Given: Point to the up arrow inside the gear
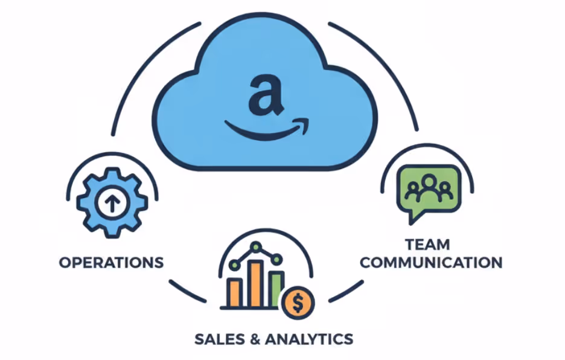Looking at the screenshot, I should pos(112,204).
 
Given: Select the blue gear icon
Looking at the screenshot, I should pos(112,204).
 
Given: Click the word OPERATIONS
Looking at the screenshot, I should pos(112,263).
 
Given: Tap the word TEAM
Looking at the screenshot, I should pos(427,245).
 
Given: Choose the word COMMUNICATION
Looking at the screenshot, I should pos(435,263).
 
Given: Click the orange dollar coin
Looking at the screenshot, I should pos(296,304).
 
